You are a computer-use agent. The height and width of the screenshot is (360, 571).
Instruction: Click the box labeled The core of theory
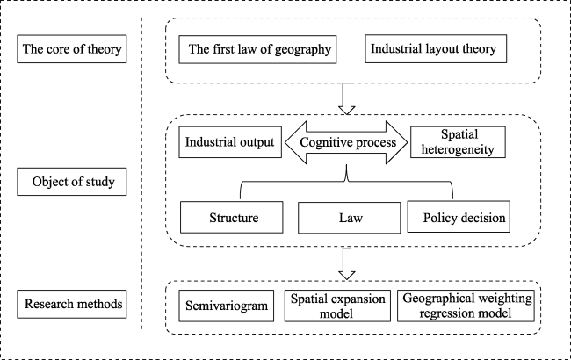point(72,49)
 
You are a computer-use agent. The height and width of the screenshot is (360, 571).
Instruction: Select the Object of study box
point(72,182)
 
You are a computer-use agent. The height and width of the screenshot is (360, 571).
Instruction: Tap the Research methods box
point(72,304)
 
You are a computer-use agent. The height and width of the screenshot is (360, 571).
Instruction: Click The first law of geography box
point(257,49)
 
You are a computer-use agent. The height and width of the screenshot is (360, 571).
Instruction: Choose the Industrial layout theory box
point(436,49)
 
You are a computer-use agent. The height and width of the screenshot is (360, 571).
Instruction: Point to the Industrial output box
point(230,142)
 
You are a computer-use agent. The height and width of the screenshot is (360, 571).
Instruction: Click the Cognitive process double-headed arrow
point(346,142)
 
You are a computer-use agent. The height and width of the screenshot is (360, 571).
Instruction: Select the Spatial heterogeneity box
point(458,142)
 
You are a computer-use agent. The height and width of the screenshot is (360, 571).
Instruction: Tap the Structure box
point(232,217)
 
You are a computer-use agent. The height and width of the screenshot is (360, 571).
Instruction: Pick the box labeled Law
point(350,218)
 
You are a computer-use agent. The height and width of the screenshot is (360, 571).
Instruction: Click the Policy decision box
point(459,217)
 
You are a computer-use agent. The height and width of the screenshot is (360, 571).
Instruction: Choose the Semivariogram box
point(226,306)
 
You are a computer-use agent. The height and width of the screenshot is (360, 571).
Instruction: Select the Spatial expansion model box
point(337,306)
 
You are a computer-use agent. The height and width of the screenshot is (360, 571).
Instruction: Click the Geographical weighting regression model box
point(466,306)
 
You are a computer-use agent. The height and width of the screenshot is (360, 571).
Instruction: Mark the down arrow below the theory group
point(347,98)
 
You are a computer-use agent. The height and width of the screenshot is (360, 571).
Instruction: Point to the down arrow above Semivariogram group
point(347,264)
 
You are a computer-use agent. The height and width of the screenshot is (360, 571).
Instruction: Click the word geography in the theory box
point(302,50)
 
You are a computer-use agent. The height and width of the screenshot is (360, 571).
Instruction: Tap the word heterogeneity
point(458,149)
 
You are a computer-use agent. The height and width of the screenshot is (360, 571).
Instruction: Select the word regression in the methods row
point(440,313)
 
